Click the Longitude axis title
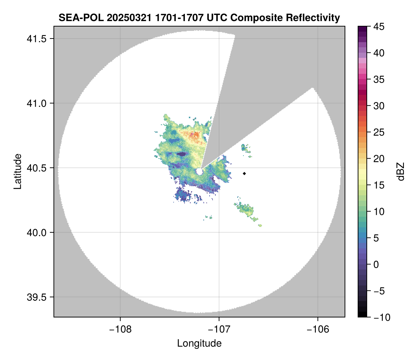[x=199, y=343]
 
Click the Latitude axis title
[x=17, y=171]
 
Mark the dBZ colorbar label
[x=401, y=171]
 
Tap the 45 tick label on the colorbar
[x=378, y=27]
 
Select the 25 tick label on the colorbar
[x=378, y=132]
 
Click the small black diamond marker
[x=245, y=173]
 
